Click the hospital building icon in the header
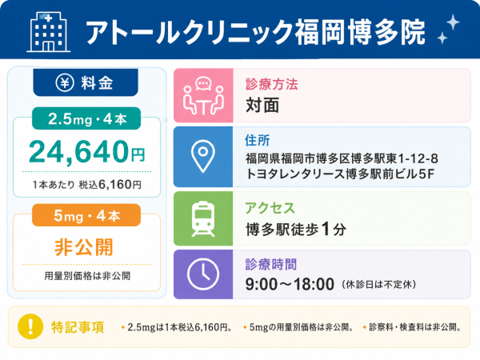point(48,32)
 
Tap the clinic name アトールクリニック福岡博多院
point(255,32)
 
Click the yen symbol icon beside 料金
point(65,82)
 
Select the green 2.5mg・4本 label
point(86,118)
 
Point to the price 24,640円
point(86,151)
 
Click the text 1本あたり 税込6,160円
point(87,185)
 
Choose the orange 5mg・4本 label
point(86,215)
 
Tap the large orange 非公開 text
point(84,247)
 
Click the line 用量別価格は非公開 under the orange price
point(87,276)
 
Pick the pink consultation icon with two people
point(203,96)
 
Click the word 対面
point(262,106)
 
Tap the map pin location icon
point(203,157)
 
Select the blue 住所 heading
point(257,141)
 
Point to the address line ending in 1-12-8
point(342,158)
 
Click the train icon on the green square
point(203,218)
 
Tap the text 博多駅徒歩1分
point(296,230)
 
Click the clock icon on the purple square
point(203,274)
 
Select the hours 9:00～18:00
point(290,284)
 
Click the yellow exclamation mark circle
point(30,326)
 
